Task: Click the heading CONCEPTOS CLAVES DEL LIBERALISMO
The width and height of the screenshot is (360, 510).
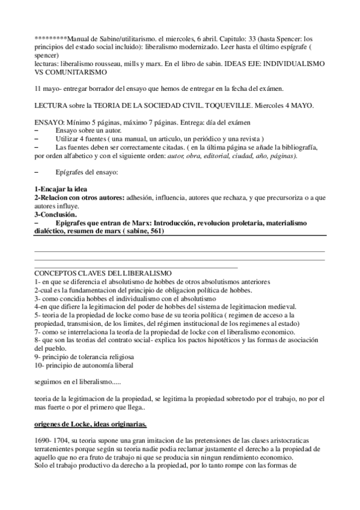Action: click(x=103, y=273)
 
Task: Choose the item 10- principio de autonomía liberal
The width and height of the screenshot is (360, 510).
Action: click(x=84, y=364)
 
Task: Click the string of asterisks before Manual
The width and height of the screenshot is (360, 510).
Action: click(x=51, y=38)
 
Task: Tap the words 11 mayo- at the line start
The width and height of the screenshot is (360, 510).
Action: click(x=49, y=88)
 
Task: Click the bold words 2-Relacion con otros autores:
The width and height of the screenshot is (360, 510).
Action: click(x=82, y=197)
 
